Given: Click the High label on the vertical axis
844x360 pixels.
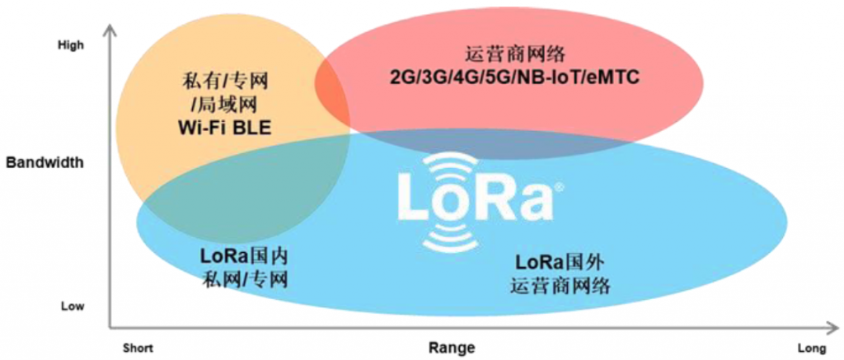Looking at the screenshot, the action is click(x=71, y=45).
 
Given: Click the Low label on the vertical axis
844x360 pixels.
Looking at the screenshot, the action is click(x=72, y=306).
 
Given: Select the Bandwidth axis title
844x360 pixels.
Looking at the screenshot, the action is click(x=45, y=162).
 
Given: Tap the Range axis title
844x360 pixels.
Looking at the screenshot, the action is click(x=452, y=348).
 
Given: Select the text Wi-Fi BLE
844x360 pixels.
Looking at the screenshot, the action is click(x=223, y=128).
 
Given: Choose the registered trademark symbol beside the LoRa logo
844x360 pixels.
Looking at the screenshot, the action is click(x=560, y=186).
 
